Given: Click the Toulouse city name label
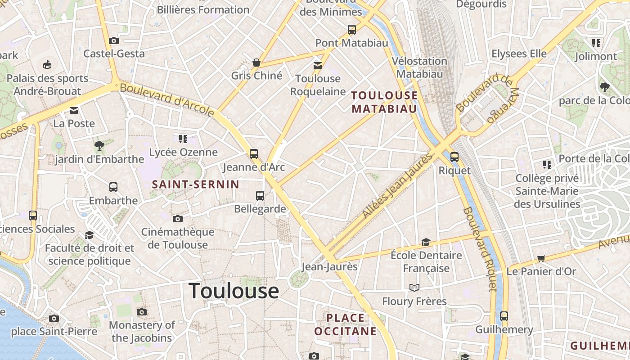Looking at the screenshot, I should tap(234, 291).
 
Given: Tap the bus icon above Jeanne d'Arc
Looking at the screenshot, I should tap(254, 154).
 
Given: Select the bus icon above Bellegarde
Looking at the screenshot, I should tap(260, 195).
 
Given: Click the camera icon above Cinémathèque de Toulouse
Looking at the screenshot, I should tap(178, 219).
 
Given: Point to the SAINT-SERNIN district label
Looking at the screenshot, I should tap(195, 184).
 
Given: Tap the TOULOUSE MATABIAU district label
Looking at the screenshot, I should tap(384, 102).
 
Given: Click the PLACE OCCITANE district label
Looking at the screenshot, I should tap(345, 324).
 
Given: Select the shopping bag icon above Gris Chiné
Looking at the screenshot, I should tap(256, 62).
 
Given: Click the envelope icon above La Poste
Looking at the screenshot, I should tap(74, 110).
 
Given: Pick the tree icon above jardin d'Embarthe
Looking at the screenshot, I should tap(99, 145).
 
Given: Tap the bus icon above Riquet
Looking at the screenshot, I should tap(454, 157).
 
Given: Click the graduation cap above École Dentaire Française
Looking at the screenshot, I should tap(426, 243).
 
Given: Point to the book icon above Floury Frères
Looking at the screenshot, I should tap(414, 288).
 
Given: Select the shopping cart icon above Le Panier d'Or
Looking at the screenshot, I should tap(541, 258).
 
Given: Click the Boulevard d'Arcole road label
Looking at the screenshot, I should tap(167, 99).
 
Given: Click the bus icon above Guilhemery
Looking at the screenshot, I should tap(504, 316).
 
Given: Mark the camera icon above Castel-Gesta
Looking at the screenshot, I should tap(114, 40).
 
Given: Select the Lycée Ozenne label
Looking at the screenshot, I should tap(183, 152).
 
